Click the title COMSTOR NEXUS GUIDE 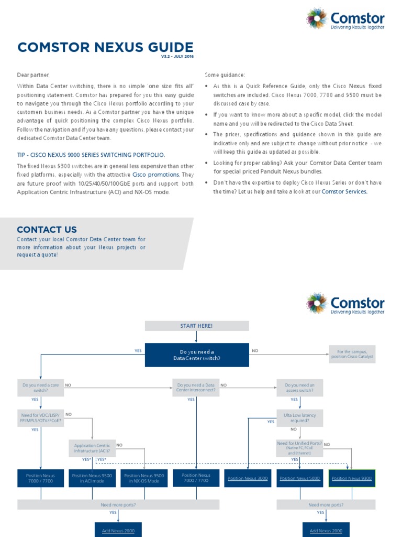pos(105,48)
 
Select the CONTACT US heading pos(47,229)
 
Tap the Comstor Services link pos(344,191)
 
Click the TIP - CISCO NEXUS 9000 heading pos(91,155)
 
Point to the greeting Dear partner pos(33,75)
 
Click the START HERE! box pos(196,326)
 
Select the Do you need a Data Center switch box pos(197,355)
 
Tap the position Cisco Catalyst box pos(352,354)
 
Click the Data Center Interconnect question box pos(196,388)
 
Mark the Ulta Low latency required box pos(299,418)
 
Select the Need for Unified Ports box pos(299,448)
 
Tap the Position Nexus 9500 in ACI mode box pos(92,478)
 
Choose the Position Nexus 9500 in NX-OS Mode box pos(144,478)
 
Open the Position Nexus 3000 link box pos(248,478)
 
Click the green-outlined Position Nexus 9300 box pos(352,478)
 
